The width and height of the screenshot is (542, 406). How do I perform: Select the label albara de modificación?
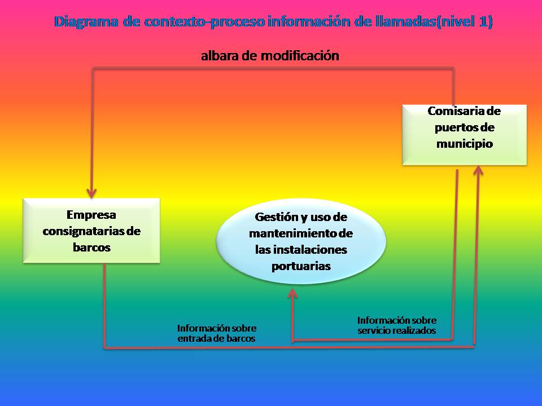(270, 56)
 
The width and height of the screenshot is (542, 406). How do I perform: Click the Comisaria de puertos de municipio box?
(464, 135)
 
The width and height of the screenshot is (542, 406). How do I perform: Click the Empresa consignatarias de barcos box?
(91, 230)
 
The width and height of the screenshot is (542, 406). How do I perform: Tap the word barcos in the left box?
(91, 247)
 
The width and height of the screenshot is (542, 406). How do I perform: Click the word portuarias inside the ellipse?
(301, 266)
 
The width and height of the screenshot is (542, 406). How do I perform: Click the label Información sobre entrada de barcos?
(216, 333)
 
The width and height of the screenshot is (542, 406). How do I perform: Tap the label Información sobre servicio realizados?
(397, 325)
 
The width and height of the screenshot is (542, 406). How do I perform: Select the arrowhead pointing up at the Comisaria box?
(478, 170)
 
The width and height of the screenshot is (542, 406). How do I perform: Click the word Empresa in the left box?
(91, 214)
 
